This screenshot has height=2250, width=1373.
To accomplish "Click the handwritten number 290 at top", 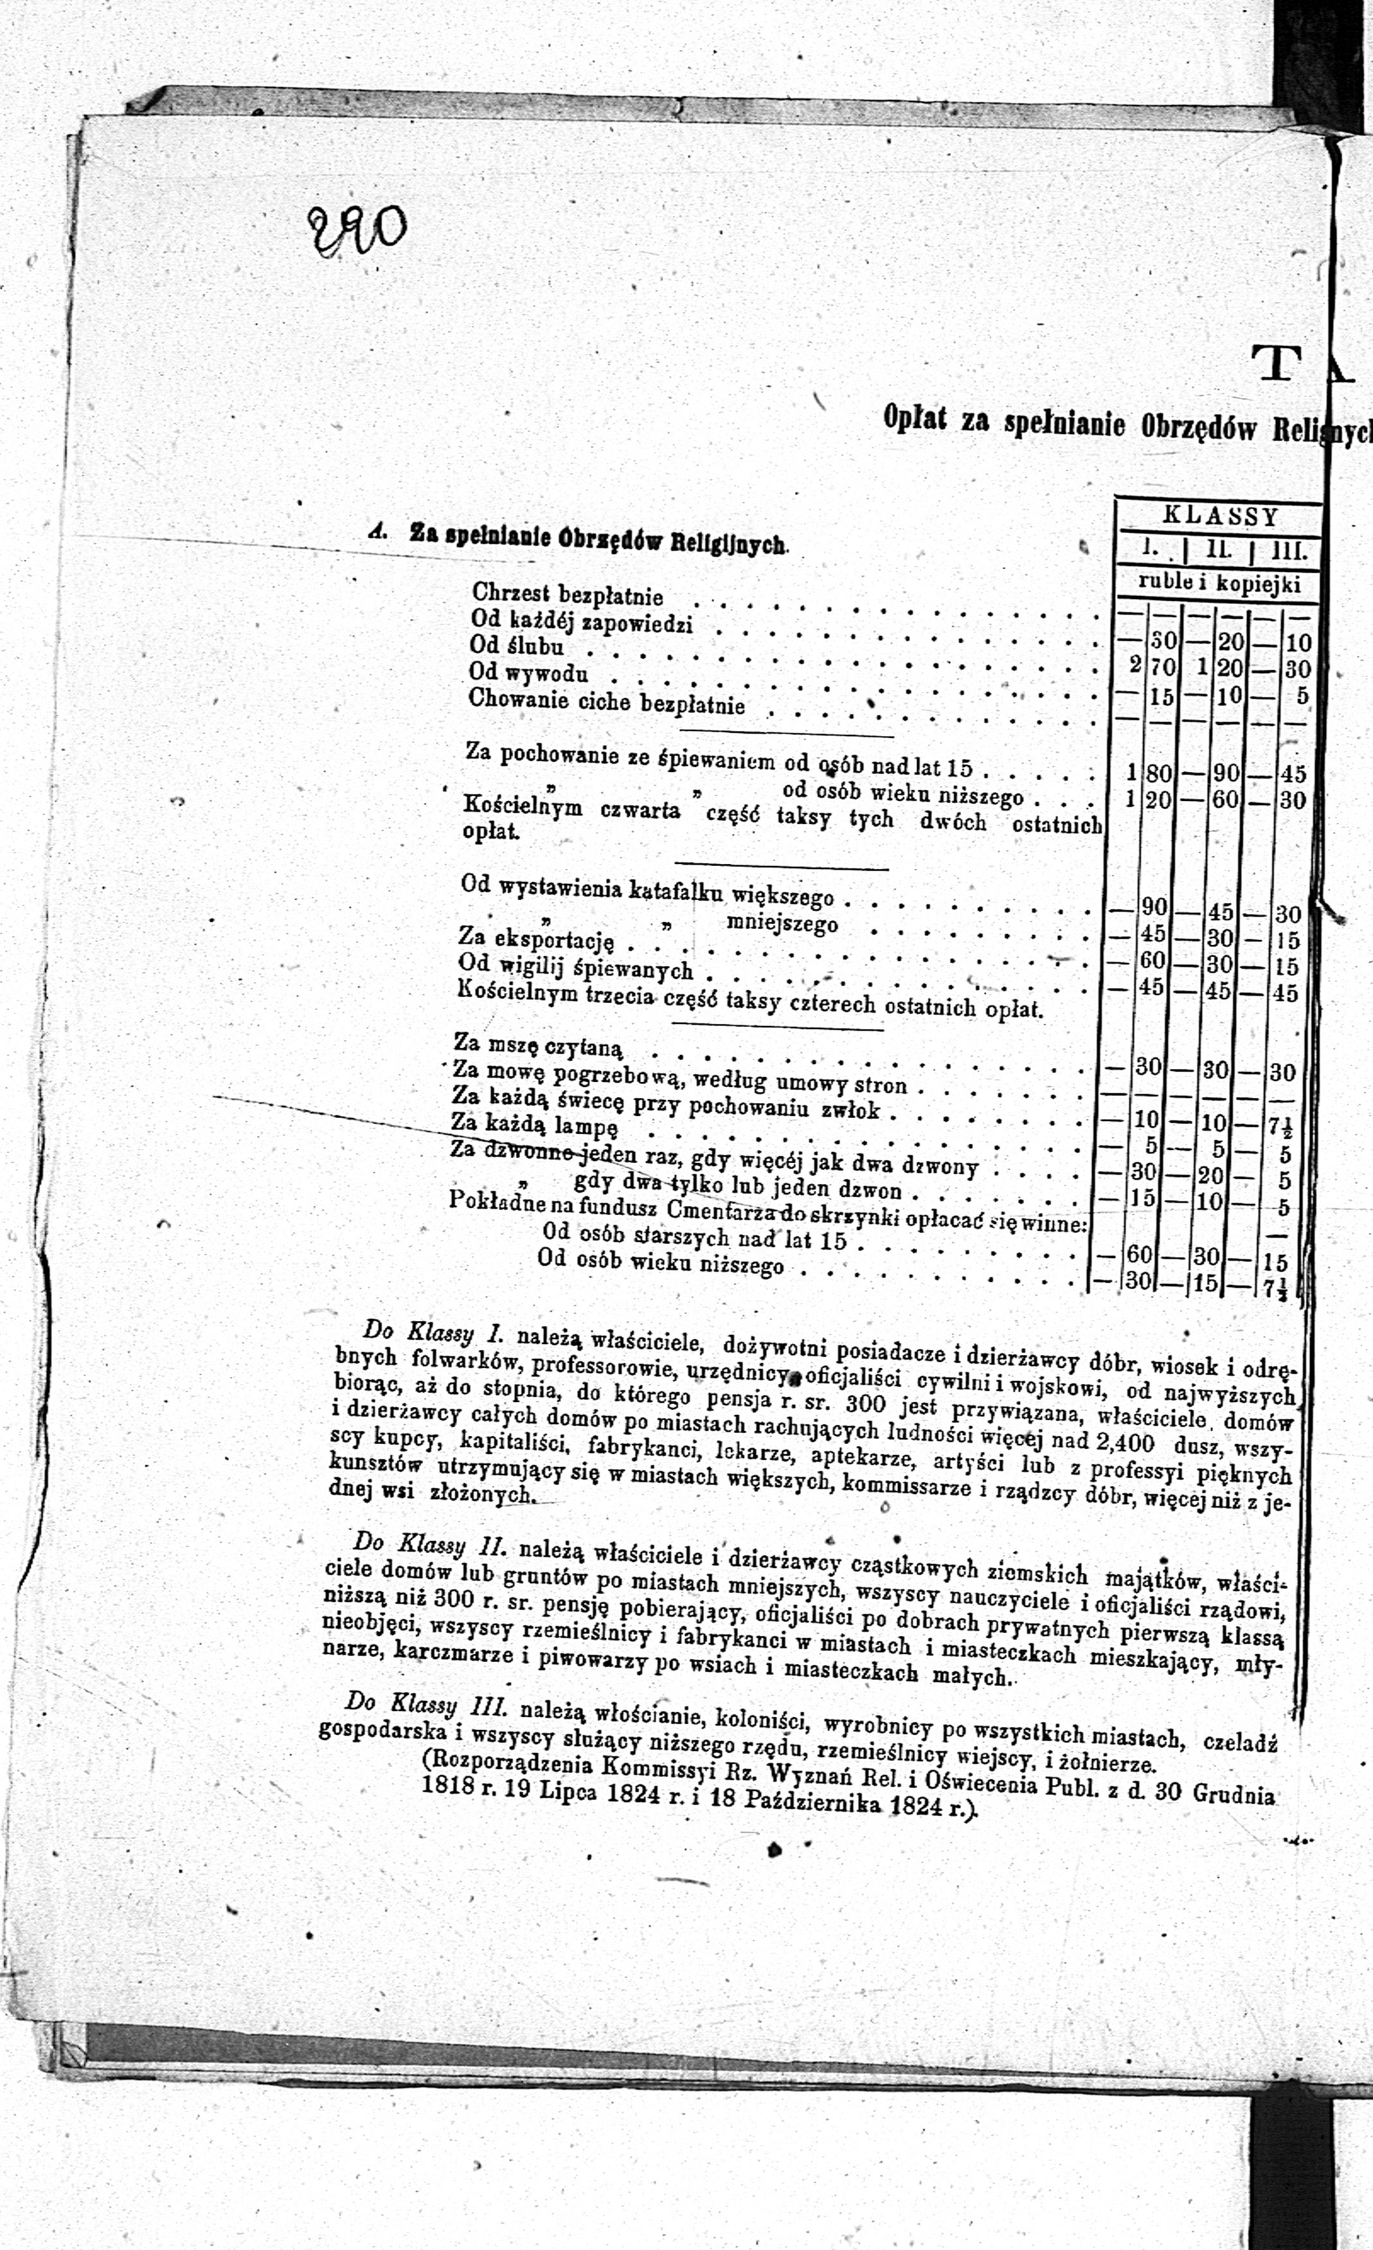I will [357, 231].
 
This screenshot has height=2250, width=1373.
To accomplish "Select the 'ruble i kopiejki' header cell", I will [1219, 584].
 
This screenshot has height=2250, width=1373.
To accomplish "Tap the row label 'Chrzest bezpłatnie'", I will [567, 595].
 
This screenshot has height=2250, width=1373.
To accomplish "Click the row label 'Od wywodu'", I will [528, 673].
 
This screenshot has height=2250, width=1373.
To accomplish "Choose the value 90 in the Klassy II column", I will [1226, 773].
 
